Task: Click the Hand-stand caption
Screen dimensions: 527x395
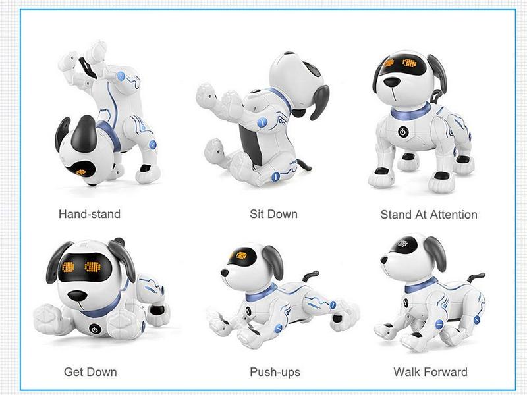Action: [90, 214]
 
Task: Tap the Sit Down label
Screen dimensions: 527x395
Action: [273, 214]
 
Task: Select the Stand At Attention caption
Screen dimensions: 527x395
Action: [429, 215]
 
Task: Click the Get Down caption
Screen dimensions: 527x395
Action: [90, 372]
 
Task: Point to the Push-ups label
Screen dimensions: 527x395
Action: [275, 372]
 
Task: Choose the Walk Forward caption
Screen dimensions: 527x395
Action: [431, 372]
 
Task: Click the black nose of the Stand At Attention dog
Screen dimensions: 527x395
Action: [392, 82]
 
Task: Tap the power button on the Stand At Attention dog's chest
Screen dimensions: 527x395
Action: [403, 131]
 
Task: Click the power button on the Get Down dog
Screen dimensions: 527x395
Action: [94, 329]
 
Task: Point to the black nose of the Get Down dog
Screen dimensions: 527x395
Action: [77, 296]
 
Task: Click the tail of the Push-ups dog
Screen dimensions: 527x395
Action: [310, 276]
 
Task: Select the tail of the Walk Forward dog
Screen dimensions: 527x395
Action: [475, 277]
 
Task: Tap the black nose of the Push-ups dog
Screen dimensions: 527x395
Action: [225, 272]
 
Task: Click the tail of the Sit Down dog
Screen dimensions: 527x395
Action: [304, 164]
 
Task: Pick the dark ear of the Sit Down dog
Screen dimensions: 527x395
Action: [319, 103]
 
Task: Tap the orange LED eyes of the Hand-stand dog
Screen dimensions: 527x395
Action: [80, 172]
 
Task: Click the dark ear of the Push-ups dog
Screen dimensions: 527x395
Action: [273, 261]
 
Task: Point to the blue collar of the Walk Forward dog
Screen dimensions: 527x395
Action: [420, 286]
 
